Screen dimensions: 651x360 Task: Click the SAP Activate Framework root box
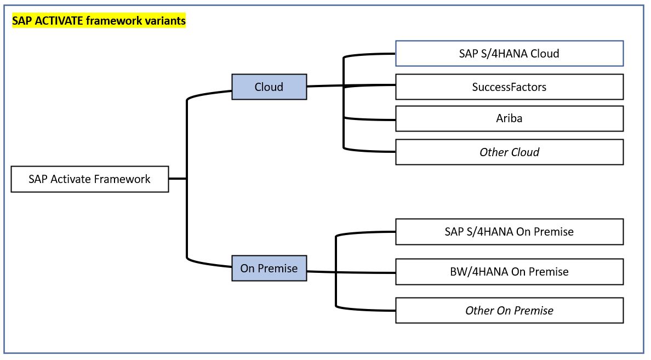90,179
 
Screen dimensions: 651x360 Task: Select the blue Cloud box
269,87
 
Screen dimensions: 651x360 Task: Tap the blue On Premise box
269,268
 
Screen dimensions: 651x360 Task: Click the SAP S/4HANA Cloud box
510,54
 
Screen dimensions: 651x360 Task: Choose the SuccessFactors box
510,87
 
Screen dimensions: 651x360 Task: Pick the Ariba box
510,119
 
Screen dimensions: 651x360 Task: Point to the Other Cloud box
510,152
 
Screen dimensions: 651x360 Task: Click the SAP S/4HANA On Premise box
510,232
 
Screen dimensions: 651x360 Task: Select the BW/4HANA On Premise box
510,272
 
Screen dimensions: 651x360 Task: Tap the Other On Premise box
510,310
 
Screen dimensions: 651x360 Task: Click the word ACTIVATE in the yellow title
59,21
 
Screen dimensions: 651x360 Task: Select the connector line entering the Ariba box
369,119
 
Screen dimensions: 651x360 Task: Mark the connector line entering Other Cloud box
369,150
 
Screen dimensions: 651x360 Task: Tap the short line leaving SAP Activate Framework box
178,179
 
